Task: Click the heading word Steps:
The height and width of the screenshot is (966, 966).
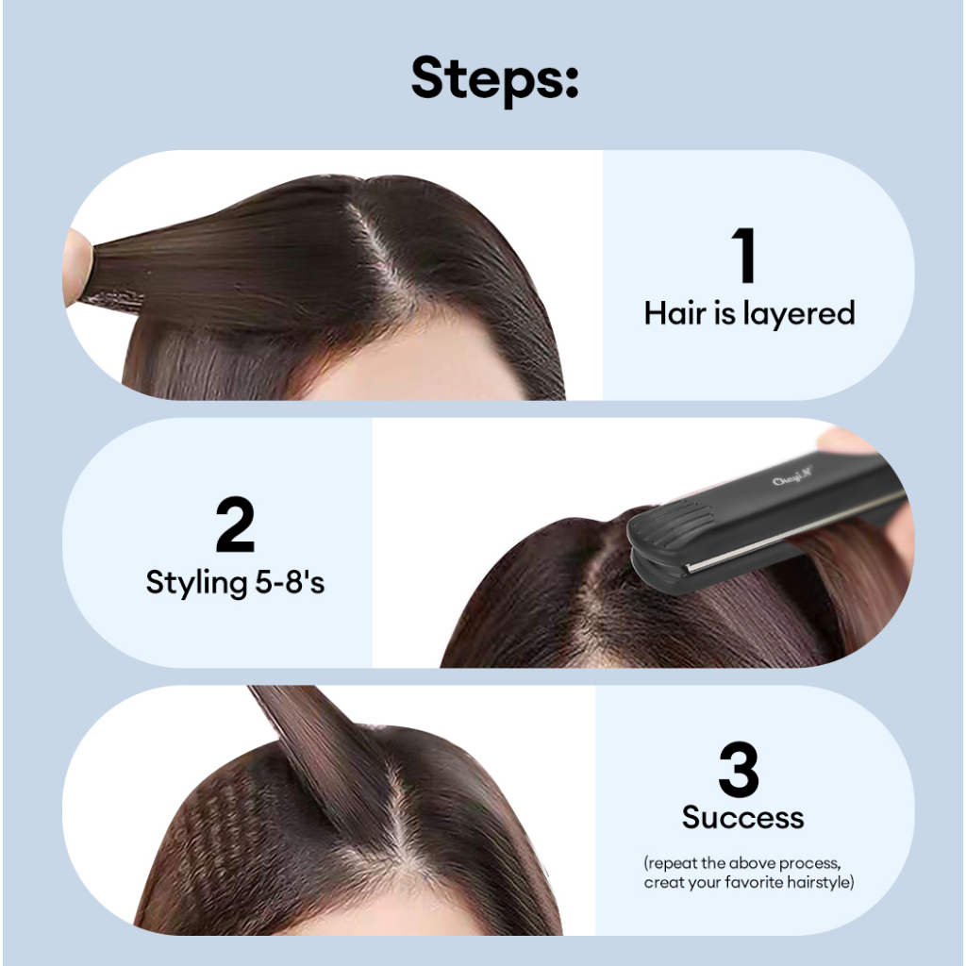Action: [494, 79]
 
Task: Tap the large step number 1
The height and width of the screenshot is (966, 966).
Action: [744, 255]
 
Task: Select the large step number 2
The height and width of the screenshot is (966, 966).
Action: [235, 525]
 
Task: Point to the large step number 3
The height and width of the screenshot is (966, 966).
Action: [738, 769]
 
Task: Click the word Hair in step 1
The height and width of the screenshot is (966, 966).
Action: [675, 313]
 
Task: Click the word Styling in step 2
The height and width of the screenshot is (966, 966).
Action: [196, 583]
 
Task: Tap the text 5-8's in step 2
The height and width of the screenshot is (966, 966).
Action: [290, 581]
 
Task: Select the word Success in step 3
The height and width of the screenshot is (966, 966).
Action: [743, 818]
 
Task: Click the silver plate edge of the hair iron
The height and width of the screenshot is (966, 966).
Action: [794, 535]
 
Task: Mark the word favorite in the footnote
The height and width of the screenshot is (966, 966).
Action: [754, 883]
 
